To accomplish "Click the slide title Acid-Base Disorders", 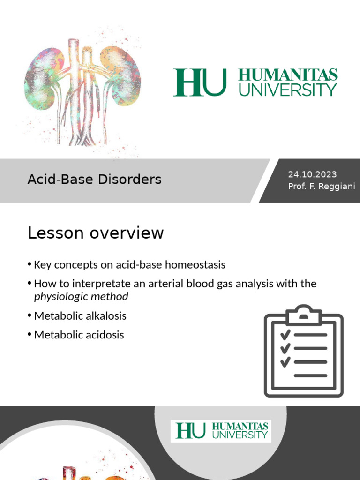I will pyautogui.click(x=94, y=179).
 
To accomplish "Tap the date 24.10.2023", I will pyautogui.click(x=312, y=174).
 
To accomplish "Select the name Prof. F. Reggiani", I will pyautogui.click(x=322, y=187).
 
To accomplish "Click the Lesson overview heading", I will pyautogui.click(x=96, y=233).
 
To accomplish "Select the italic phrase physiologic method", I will pyautogui.click(x=81, y=296).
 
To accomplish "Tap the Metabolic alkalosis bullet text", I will pyautogui.click(x=80, y=316).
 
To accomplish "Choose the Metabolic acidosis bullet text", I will pyautogui.click(x=79, y=335).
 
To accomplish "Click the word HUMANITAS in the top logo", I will pyautogui.click(x=288, y=75).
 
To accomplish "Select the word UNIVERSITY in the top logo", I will pyautogui.click(x=288, y=90).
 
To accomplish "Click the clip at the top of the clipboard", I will pyautogui.click(x=303, y=314).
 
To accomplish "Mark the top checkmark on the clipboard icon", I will pyautogui.click(x=285, y=335).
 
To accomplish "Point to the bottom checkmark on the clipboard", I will pyautogui.click(x=285, y=361).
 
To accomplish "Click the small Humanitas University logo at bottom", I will pyautogui.click(x=221, y=431).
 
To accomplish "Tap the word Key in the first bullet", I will pyautogui.click(x=42, y=265).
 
